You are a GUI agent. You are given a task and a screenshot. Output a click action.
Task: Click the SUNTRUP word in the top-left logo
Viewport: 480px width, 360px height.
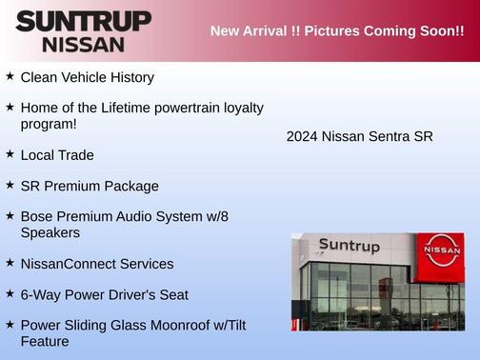83,20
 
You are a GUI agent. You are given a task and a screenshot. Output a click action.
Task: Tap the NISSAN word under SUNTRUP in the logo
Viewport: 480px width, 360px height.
83,44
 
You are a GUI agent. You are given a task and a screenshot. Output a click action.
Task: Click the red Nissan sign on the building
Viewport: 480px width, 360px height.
441,251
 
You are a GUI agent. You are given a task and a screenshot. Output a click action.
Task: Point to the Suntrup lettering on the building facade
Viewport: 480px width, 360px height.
349,246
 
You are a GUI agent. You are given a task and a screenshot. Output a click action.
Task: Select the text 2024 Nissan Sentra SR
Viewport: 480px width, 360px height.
359,136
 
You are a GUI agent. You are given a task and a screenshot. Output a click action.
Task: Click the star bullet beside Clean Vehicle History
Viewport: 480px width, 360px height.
10,75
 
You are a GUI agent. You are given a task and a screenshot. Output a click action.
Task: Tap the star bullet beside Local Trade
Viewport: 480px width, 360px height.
10,153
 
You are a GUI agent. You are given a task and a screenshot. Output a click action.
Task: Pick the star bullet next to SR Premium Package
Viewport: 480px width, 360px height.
10,185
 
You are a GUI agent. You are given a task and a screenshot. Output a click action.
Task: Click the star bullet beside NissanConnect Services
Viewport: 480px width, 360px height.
10,263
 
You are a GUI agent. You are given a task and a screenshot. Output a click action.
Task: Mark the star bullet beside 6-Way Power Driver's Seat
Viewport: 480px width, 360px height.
10,294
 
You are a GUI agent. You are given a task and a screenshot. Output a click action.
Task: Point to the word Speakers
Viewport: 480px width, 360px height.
50,232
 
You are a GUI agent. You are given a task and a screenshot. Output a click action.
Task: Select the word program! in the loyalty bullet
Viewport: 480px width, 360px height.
49,124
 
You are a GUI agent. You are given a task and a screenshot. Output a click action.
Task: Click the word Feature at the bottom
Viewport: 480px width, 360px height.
45,341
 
